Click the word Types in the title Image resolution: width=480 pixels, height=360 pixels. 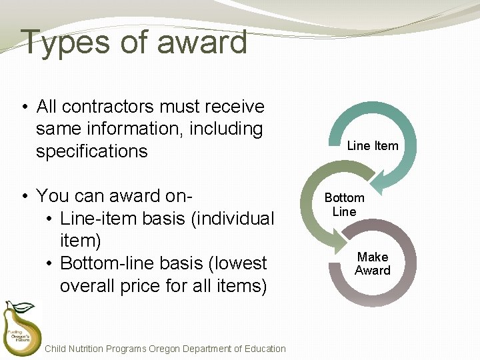(x=64, y=43)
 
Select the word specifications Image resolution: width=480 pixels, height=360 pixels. (x=92, y=151)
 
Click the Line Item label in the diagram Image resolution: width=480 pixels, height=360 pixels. (x=373, y=145)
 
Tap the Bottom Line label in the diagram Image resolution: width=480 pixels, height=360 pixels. (x=344, y=205)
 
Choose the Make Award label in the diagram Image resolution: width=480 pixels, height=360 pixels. (x=373, y=263)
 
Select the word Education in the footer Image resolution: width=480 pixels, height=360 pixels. (x=263, y=349)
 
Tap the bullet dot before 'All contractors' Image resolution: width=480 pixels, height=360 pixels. (x=24, y=107)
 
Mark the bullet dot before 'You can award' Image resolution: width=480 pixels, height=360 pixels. (x=24, y=197)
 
